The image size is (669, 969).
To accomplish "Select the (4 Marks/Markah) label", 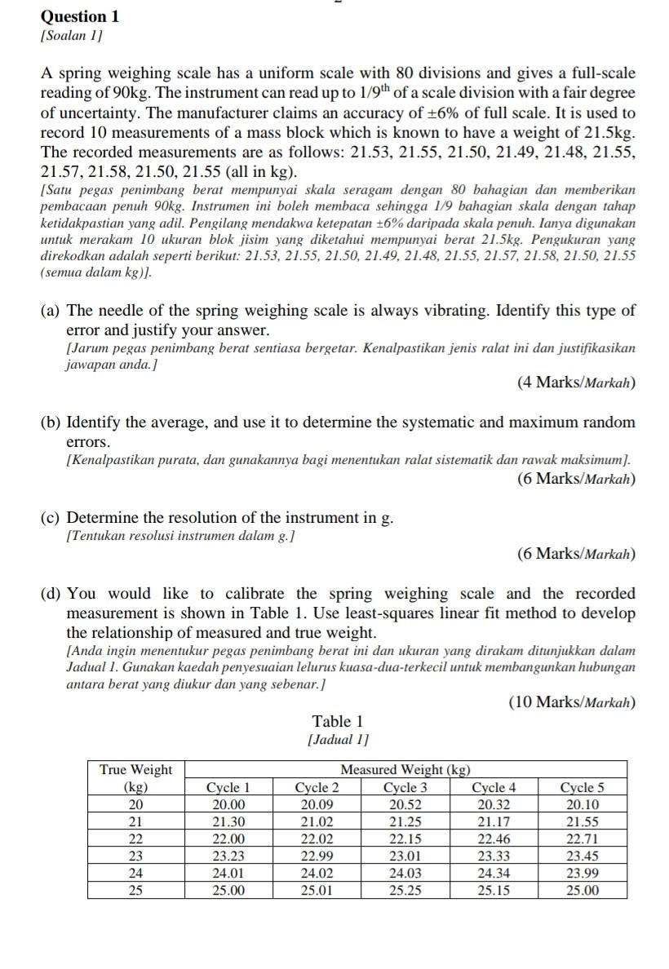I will pos(576,383).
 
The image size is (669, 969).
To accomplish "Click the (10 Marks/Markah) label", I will pos(572,701).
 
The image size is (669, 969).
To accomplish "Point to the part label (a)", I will pos(51,311).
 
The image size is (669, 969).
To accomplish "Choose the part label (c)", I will pos(51,518).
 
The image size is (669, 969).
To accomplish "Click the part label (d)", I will pos(51,594).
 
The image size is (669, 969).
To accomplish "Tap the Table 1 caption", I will pos(338,721).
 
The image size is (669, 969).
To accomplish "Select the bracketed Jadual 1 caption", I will pos(338,740).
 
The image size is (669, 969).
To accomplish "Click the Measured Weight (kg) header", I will pos(405,769).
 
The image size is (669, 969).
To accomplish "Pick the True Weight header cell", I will pos(136,769).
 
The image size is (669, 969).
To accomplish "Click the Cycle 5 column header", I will pos(583,788).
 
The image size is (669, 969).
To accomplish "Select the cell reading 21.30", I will pos(228,822).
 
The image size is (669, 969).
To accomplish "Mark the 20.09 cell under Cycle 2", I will pos(317,805).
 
